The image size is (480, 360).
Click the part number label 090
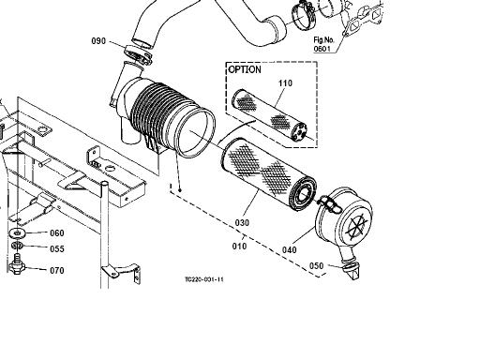(x=98, y=41)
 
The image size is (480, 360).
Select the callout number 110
(x=285, y=83)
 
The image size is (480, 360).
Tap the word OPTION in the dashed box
(x=245, y=69)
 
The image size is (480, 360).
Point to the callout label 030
(x=242, y=223)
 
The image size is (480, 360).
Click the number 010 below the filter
(x=239, y=246)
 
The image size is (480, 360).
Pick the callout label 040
(x=290, y=249)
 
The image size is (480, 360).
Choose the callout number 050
(x=316, y=265)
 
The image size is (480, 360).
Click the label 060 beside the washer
(x=57, y=232)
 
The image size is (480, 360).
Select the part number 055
(x=57, y=248)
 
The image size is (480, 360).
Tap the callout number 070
(x=57, y=270)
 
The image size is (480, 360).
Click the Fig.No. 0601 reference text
(x=324, y=44)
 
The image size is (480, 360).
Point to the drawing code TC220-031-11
(x=204, y=279)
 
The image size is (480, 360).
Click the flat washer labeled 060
(x=18, y=232)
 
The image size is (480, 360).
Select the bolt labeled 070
(x=17, y=264)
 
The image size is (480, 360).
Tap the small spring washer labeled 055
(x=17, y=246)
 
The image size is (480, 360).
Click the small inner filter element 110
(x=269, y=115)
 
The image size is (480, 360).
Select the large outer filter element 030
(x=269, y=174)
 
